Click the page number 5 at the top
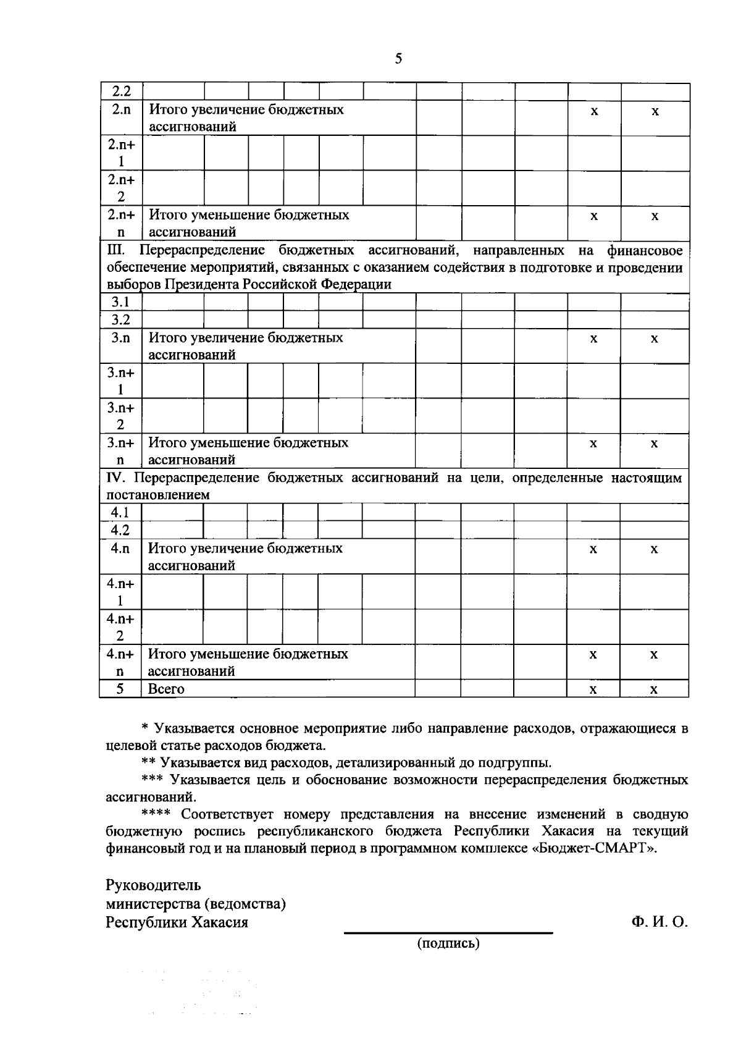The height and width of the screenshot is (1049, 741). tap(398, 59)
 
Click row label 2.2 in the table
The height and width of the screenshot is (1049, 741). tap(120, 91)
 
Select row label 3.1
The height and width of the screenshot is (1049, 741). tap(120, 302)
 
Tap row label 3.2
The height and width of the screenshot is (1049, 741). tap(120, 319)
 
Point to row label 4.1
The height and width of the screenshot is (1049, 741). tap(120, 513)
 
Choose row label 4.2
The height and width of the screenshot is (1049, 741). tap(120, 530)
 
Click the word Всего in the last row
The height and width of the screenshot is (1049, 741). tap(166, 689)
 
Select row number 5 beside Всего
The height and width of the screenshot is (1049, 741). tap(120, 688)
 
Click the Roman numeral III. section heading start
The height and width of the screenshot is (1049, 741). tap(116, 250)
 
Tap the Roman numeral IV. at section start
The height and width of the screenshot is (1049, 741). tap(116, 478)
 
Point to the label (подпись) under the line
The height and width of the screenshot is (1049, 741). tap(448, 943)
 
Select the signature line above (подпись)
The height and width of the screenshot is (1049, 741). tap(448, 933)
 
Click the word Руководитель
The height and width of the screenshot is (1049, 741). tap(153, 885)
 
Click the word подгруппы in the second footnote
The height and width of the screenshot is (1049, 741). tap(519, 763)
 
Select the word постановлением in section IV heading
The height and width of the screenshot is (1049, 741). tap(158, 495)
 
